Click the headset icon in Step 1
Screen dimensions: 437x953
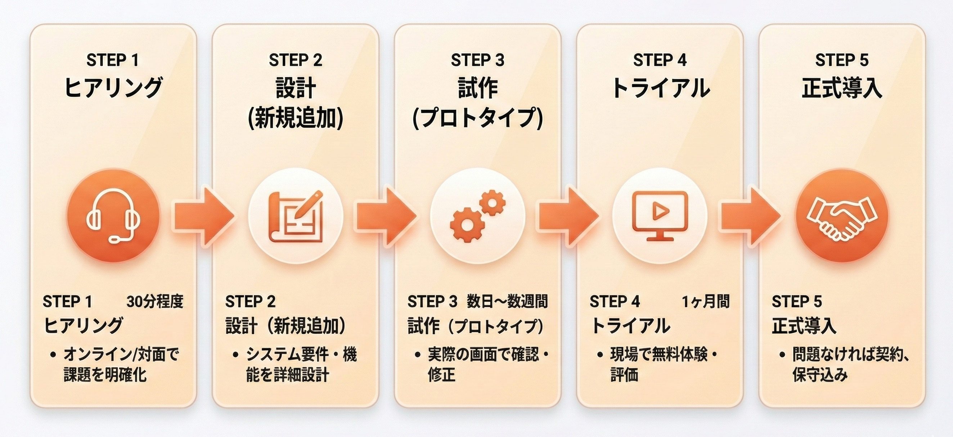click(x=113, y=216)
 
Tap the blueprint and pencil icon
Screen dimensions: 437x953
click(x=295, y=216)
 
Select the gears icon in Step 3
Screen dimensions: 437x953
click(x=477, y=216)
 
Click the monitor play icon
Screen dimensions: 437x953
click(x=660, y=216)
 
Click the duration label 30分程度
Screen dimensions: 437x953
click(x=155, y=302)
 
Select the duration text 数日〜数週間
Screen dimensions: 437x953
click(x=507, y=302)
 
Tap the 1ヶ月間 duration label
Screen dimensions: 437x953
click(x=706, y=302)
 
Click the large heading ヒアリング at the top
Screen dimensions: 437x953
click(x=113, y=88)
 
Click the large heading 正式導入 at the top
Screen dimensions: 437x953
click(x=842, y=89)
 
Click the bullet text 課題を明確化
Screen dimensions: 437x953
click(x=105, y=375)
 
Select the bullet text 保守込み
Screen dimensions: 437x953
click(x=820, y=375)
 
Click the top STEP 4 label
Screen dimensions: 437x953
click(x=660, y=60)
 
